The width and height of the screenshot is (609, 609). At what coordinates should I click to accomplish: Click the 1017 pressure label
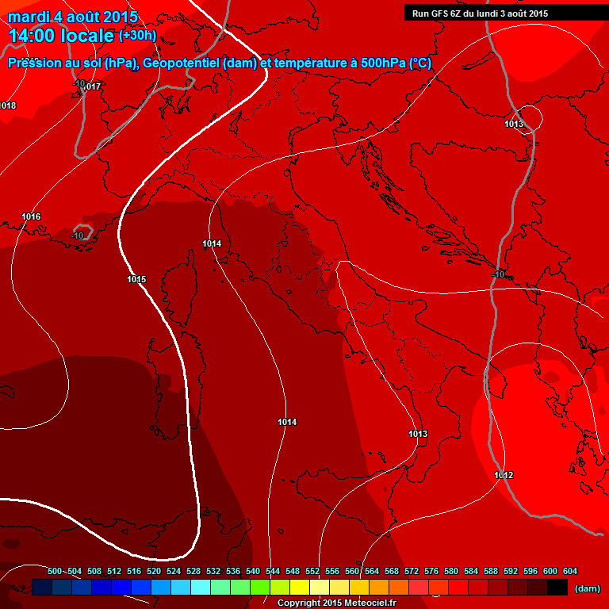pyautogui.click(x=93, y=86)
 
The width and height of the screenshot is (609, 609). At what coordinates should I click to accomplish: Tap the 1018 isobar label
pyautogui.click(x=8, y=105)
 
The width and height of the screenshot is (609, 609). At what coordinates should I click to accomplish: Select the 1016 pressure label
pyautogui.click(x=32, y=216)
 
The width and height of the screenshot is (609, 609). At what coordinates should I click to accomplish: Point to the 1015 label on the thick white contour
pyautogui.click(x=136, y=279)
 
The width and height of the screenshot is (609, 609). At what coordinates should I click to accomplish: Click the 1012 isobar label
pyautogui.click(x=504, y=475)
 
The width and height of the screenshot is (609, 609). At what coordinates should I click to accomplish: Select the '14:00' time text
pyautogui.click(x=33, y=36)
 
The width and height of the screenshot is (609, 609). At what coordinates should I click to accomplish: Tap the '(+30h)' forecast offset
pyautogui.click(x=137, y=36)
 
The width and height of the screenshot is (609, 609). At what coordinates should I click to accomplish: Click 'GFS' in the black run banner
pyautogui.click(x=442, y=13)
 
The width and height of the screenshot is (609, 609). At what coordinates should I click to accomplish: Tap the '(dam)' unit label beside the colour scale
pyautogui.click(x=587, y=588)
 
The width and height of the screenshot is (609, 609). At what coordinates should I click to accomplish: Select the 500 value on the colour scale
pyautogui.click(x=55, y=572)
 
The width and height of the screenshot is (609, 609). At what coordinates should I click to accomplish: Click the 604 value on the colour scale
pyautogui.click(x=570, y=572)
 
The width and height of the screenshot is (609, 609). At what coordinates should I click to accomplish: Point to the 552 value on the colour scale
pyautogui.click(x=312, y=572)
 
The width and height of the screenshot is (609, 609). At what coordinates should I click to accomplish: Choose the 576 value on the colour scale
pyautogui.click(x=431, y=572)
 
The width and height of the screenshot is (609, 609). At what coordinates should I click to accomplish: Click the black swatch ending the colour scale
pyautogui.click(x=557, y=588)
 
